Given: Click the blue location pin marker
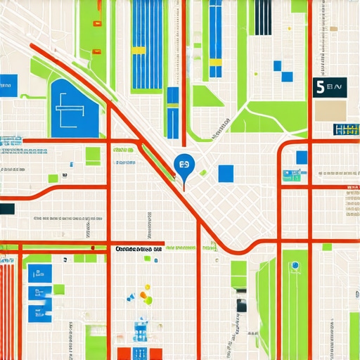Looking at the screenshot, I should pyautogui.click(x=184, y=165).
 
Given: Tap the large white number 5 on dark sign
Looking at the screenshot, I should pyautogui.click(x=321, y=88).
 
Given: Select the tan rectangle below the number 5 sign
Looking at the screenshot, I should pyautogui.click(x=330, y=110).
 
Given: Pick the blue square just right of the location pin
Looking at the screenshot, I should pyautogui.click(x=226, y=173).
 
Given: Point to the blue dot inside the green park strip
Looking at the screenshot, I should pyautogui.click(x=295, y=265).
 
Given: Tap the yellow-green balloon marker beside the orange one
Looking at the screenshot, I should pyautogui.click(x=149, y=301).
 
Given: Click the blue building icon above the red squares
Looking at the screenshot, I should pyautogui.click(x=141, y=330).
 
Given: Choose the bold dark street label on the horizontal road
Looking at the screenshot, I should pyautogui.click(x=138, y=248).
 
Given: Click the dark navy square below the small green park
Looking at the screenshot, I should pyautogui.click(x=241, y=305).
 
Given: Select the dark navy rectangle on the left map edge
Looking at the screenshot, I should pyautogui.click(x=7, y=209).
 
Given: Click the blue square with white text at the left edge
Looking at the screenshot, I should pyautogui.click(x=8, y=84).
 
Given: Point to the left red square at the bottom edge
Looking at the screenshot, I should pyautogui.click(x=125, y=354).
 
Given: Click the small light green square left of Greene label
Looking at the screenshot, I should pyautogui.click(x=92, y=155).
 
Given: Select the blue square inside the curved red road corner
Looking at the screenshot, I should pyautogui.click(x=302, y=157).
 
